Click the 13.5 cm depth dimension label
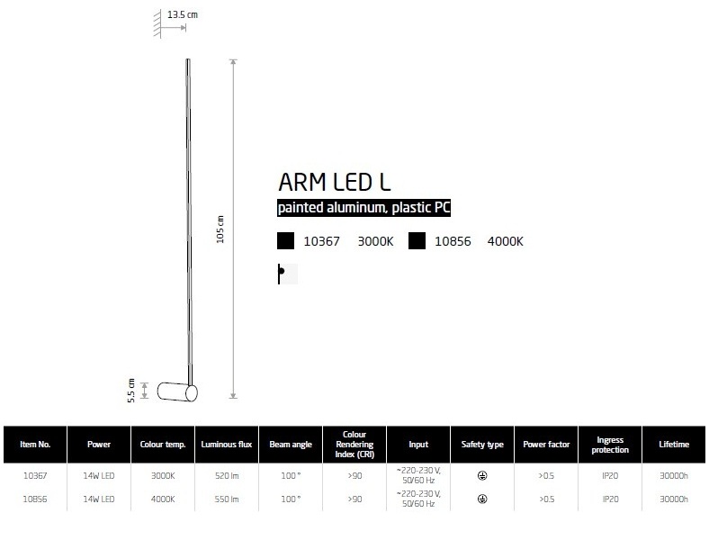pyautogui.click(x=183, y=14)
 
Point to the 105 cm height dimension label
pyautogui.click(x=220, y=229)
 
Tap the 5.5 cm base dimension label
pyautogui.click(x=131, y=391)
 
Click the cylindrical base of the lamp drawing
pyautogui.click(x=177, y=392)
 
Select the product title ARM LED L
pyautogui.click(x=334, y=183)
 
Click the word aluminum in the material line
pyautogui.click(x=356, y=208)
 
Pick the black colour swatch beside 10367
pyautogui.click(x=286, y=241)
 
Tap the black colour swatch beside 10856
pyautogui.click(x=417, y=241)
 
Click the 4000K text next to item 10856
pyautogui.click(x=505, y=241)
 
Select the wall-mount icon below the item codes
pyautogui.click(x=288, y=274)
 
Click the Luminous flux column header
pyautogui.click(x=227, y=445)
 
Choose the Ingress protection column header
pyautogui.click(x=610, y=445)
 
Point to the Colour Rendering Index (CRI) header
pyautogui.click(x=354, y=444)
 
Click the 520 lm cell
pyautogui.click(x=227, y=476)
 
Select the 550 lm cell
pyautogui.click(x=227, y=499)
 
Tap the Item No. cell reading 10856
pyautogui.click(x=35, y=499)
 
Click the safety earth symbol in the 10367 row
pyautogui.click(x=482, y=476)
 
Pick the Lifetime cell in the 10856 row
pyautogui.click(x=674, y=499)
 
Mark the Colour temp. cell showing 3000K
pyautogui.click(x=163, y=476)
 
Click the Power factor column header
pyautogui.click(x=546, y=445)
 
